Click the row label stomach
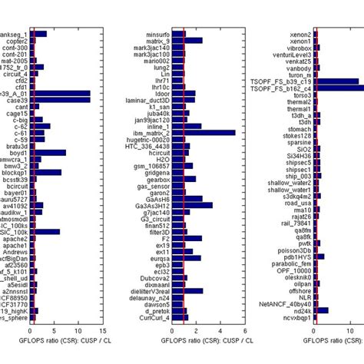tap(298, 129)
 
